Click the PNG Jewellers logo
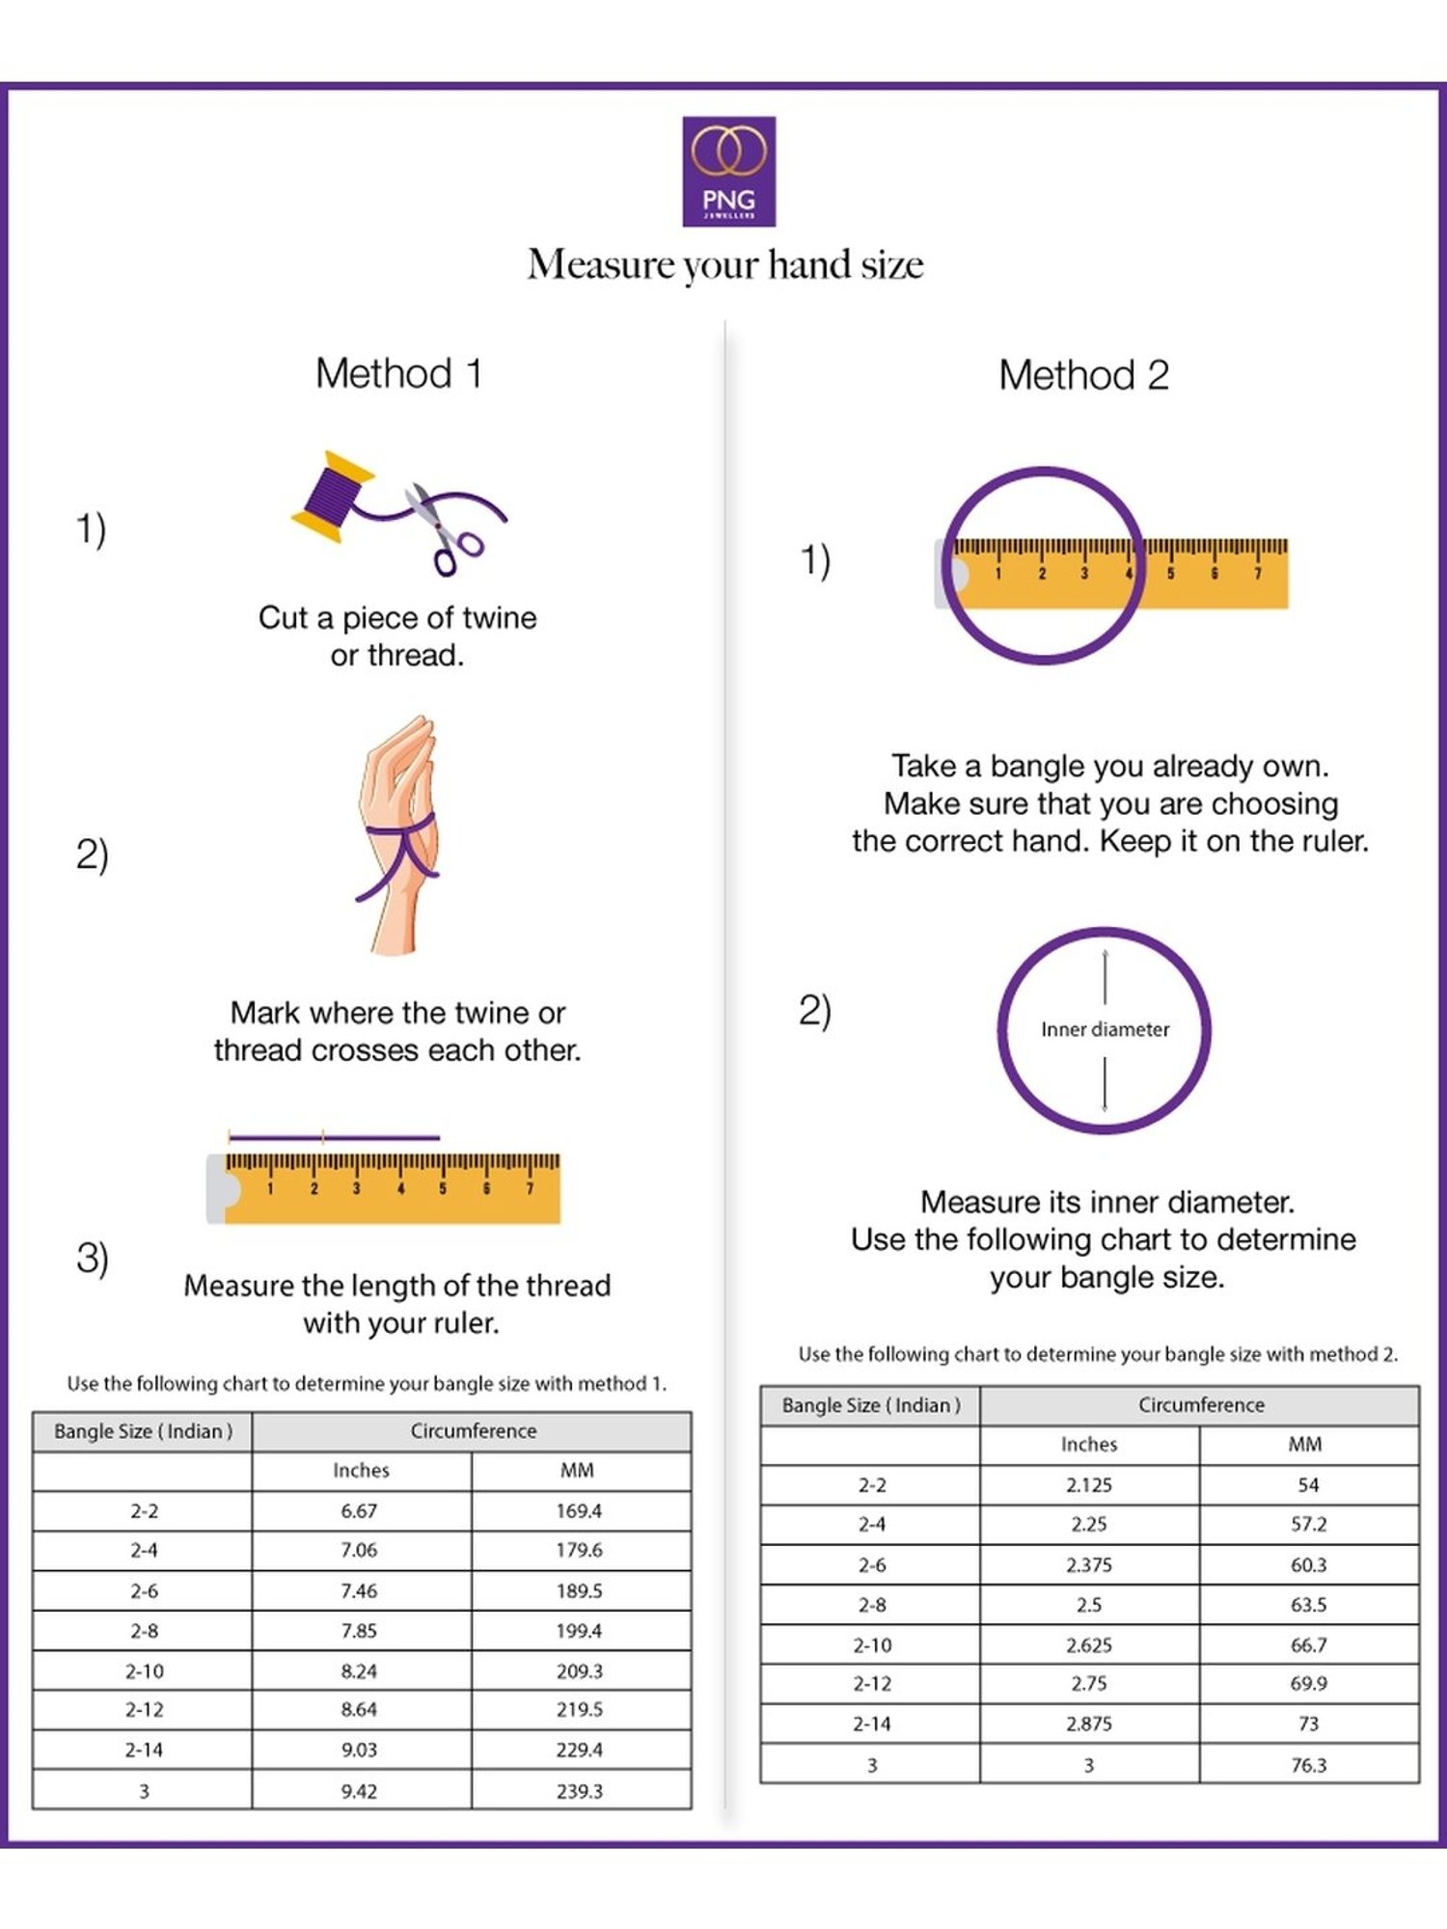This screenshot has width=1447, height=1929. [728, 172]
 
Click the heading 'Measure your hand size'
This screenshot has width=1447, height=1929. [725, 264]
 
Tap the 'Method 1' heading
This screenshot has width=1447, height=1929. [398, 373]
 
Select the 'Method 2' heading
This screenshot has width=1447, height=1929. [1083, 375]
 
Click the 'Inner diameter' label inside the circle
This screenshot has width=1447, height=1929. [1105, 1029]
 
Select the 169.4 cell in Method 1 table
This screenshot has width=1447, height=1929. [579, 1510]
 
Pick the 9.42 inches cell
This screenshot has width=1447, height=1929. [359, 1791]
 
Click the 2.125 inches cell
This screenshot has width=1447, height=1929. [1089, 1485]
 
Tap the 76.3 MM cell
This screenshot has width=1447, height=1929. [1309, 1765]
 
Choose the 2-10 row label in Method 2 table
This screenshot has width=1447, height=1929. [872, 1644]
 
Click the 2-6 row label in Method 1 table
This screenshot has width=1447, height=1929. [144, 1590]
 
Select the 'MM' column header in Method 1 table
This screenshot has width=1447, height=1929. [577, 1470]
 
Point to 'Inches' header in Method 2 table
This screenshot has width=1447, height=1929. [1089, 1444]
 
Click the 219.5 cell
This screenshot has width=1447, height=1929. [579, 1709]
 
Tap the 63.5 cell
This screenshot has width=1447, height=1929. [1309, 1605]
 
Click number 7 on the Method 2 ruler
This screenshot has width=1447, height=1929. [1257, 574]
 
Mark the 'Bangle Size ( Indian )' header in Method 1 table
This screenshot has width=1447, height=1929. [144, 1431]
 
